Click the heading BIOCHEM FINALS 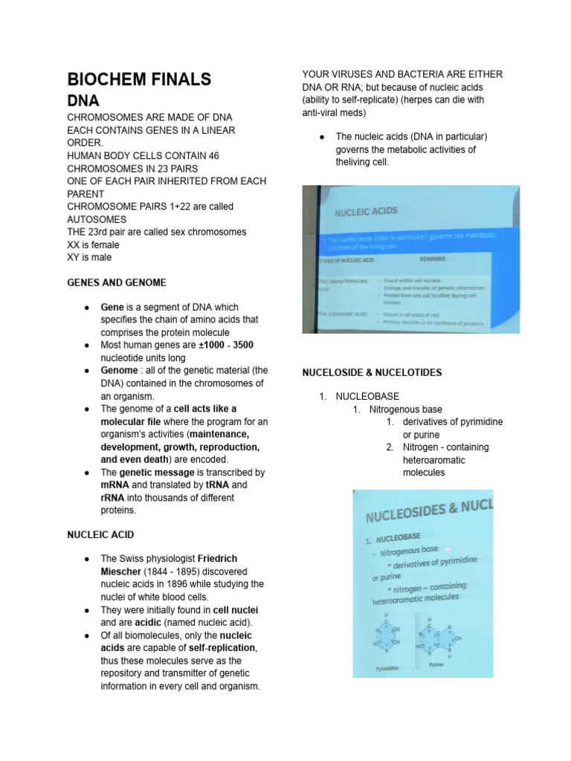coord(139,80)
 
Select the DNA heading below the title coord(83,100)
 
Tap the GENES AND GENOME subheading coord(116,282)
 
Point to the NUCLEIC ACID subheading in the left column coord(100,534)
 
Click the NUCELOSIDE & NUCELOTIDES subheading coord(372,372)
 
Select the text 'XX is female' coord(93,245)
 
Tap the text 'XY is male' coord(89,257)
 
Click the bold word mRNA coord(116,485)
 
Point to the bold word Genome coord(119,370)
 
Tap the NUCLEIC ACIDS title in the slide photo coord(366,213)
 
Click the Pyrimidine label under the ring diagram coord(387,669)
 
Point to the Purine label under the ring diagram coord(436,664)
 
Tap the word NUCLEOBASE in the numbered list coord(367,396)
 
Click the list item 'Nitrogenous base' coord(405,409)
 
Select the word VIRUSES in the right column coord(350,74)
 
